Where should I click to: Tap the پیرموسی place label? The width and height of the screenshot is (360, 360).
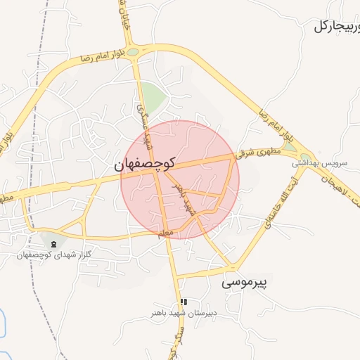pos(247,283)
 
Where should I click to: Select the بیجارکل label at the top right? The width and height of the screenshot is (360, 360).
pos(336,27)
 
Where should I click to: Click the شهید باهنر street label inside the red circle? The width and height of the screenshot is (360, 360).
pos(185,199)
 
